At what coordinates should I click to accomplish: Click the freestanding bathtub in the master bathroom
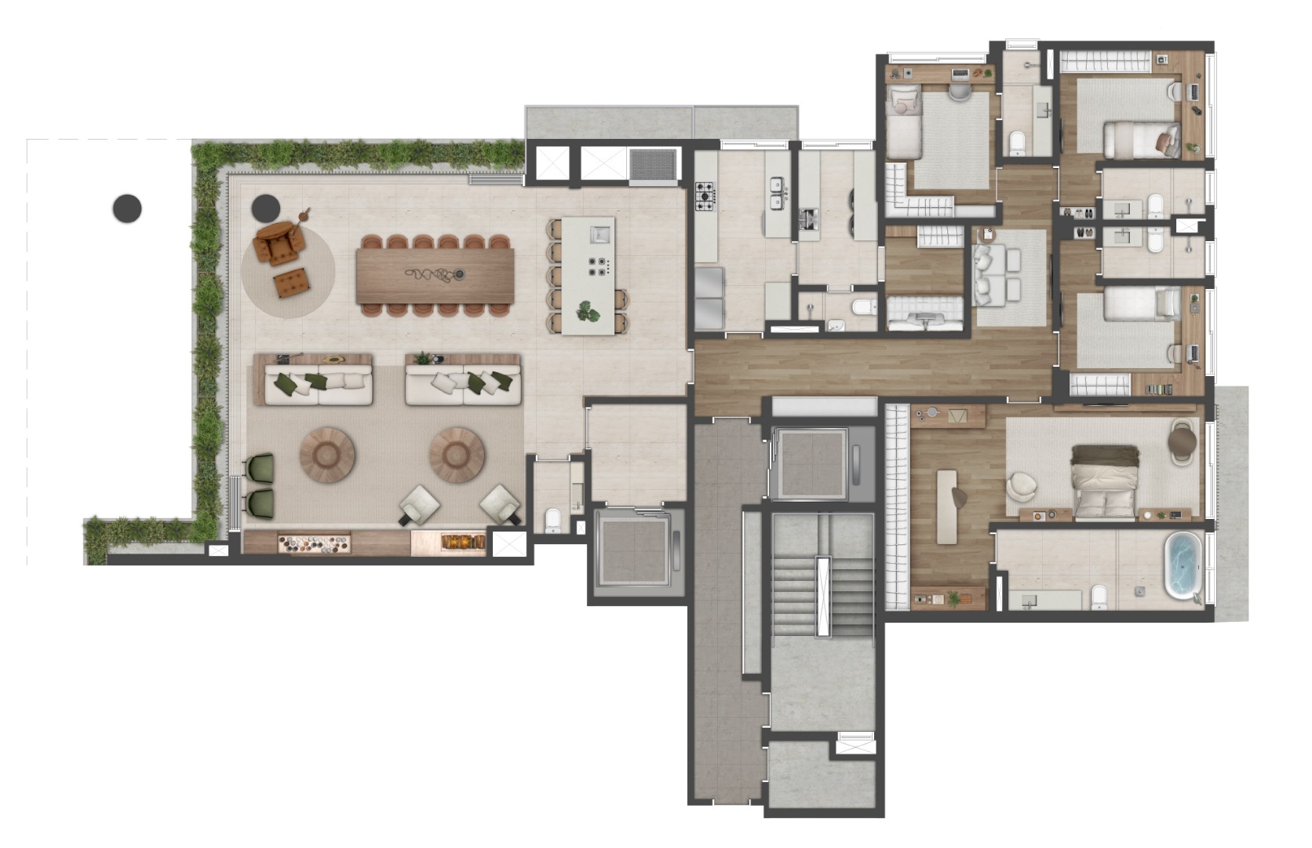(x=1182, y=565)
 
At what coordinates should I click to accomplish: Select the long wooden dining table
(x=436, y=275)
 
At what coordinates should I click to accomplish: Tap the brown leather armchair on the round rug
(x=279, y=243)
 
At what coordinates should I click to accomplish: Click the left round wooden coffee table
(x=327, y=455)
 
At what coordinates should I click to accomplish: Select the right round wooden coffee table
(x=457, y=455)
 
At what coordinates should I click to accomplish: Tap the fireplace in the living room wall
(x=461, y=542)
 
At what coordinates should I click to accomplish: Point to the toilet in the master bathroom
(x=1099, y=598)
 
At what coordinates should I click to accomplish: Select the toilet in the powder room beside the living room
(x=553, y=520)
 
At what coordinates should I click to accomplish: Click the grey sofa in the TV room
(x=986, y=274)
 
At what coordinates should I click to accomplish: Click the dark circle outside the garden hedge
(x=127, y=208)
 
